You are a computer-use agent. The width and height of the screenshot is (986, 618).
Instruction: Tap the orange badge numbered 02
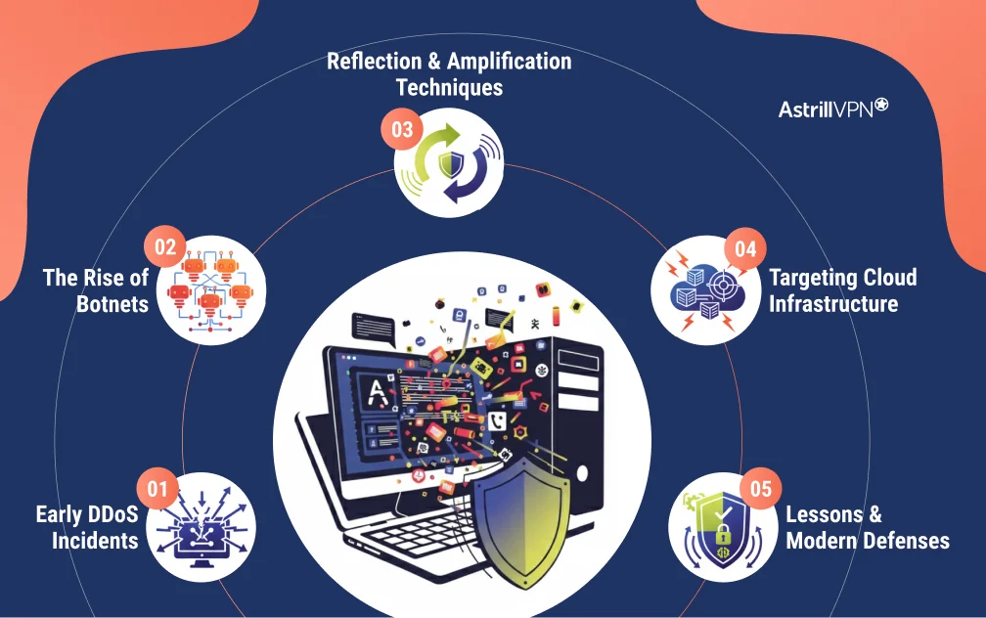164,246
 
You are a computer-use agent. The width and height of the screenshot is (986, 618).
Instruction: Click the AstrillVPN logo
832,109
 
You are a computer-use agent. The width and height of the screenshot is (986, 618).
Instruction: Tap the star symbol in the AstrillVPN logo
880,105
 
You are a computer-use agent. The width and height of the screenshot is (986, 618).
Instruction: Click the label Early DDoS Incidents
87,527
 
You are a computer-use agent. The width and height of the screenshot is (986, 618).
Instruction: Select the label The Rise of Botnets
96,290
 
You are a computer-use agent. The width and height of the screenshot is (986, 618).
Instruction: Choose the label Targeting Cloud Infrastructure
842,290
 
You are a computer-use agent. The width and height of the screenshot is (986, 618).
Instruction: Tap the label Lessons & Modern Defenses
867,527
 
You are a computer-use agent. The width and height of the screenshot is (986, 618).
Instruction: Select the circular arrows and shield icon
449,162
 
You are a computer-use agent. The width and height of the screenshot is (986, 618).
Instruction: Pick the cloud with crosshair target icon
705,290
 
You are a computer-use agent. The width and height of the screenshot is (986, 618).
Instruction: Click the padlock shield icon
719,528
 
